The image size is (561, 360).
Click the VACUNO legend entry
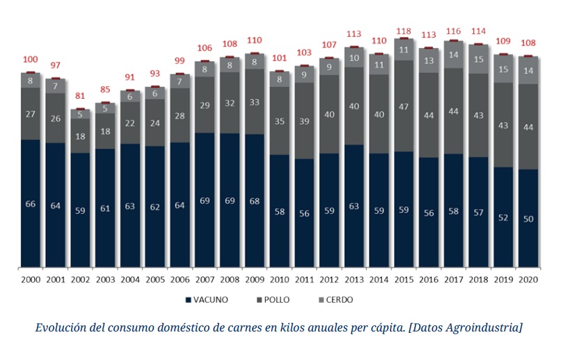(x=207, y=300)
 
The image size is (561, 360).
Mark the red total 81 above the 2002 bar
(x=80, y=96)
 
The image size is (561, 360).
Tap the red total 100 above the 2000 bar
(x=31, y=60)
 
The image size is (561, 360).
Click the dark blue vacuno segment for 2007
(x=205, y=200)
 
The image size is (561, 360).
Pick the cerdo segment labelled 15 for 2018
(x=478, y=59)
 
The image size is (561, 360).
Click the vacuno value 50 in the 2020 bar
(x=528, y=219)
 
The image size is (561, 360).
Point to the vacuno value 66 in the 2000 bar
(x=31, y=203)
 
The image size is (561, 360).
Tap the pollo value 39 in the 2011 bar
(x=304, y=120)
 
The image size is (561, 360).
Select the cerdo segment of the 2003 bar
(x=105, y=109)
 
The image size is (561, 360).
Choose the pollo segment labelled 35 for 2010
(x=279, y=120)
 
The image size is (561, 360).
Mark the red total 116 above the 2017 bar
(x=454, y=32)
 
